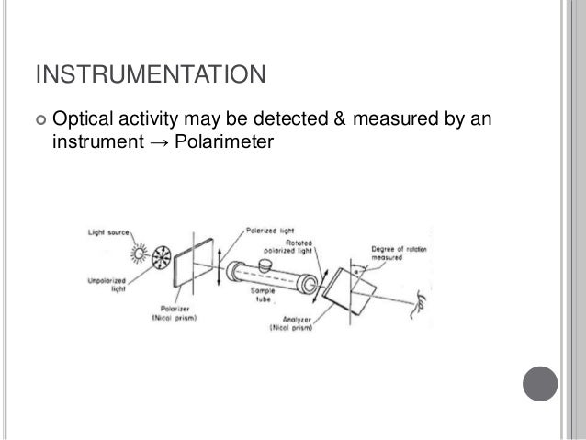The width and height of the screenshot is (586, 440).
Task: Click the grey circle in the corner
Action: click(x=544, y=380)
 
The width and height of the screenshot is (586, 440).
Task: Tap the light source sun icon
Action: click(x=139, y=252)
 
